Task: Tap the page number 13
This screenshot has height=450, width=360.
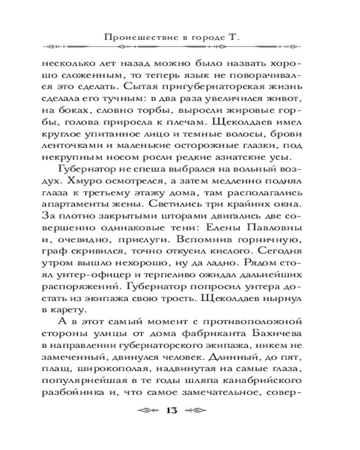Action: click(x=173, y=409)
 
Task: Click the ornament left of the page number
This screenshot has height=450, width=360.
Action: click(x=147, y=410)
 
